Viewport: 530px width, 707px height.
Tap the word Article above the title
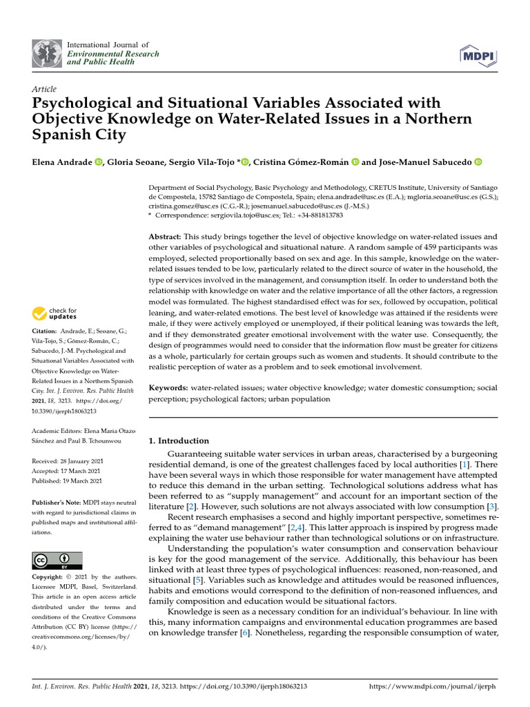tap(44, 90)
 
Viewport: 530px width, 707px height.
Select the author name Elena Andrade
tap(61, 162)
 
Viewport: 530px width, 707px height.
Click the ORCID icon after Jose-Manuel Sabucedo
tap(478, 162)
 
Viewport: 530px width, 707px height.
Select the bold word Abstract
tap(166, 237)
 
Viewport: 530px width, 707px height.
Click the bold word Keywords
tap(168, 388)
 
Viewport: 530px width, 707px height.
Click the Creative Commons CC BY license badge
tap(57, 560)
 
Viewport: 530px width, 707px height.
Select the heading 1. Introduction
tap(179, 440)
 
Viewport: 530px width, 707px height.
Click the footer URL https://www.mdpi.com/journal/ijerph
tap(433, 687)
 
